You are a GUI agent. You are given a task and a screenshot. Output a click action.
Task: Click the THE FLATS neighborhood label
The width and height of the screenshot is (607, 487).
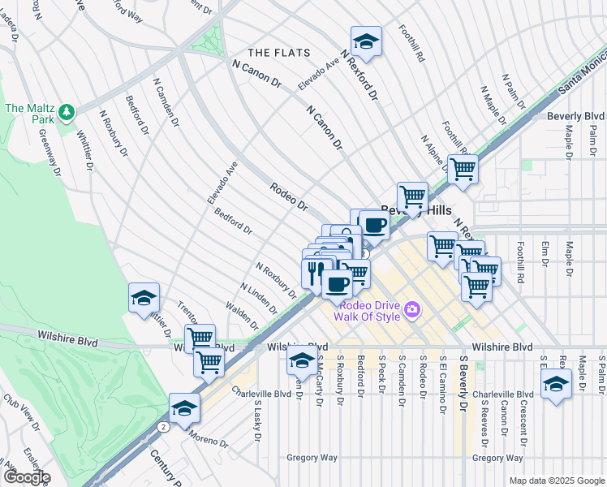coord(278,53)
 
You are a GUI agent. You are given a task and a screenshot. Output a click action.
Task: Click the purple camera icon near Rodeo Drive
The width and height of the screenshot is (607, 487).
coord(412,309)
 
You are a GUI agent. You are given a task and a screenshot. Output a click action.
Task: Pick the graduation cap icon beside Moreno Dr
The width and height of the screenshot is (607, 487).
coord(184,407)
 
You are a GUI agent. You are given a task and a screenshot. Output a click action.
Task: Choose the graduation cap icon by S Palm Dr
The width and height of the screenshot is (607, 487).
coord(556,384)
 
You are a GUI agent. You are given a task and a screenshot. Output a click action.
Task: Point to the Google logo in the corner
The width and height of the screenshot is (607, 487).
coord(26,477)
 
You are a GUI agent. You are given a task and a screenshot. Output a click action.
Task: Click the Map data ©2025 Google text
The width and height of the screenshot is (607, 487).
coord(556,481)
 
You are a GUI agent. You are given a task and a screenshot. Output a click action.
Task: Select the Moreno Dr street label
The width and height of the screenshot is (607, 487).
coord(210,439)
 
